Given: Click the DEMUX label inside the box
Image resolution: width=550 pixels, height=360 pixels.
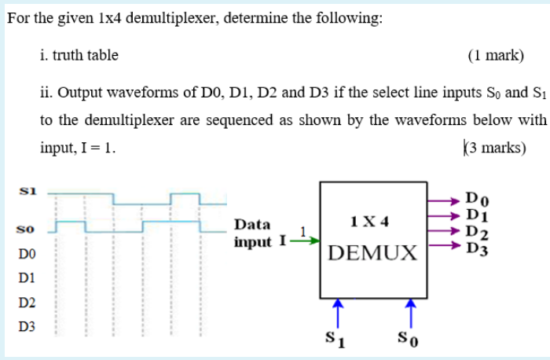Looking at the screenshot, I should (x=373, y=253).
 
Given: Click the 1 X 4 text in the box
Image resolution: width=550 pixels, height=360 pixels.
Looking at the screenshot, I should (x=372, y=222).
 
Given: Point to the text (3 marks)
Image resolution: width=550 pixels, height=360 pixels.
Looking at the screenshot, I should (x=494, y=148).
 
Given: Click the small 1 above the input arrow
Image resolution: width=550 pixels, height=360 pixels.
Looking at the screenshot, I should (x=302, y=230).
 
